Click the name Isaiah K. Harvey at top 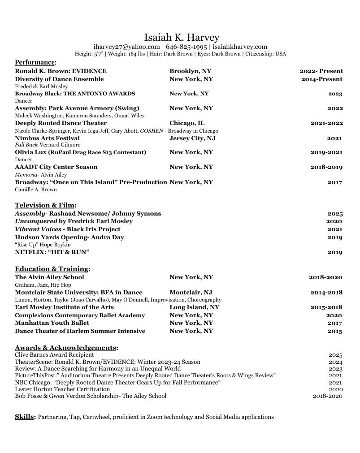182,37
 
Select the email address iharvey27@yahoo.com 126,47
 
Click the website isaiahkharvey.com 240,47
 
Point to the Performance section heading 35,62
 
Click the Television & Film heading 45,205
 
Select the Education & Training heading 52,269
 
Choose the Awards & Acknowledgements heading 65,348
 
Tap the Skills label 25,417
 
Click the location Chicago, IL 187,123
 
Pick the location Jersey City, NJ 192,138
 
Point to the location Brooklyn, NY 190,71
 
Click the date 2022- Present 321,71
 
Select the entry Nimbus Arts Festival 47,138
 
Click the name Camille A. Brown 36,190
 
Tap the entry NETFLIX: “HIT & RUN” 52,252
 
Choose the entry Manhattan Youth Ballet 52,323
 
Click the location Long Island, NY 194,307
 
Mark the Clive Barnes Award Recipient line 54,355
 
